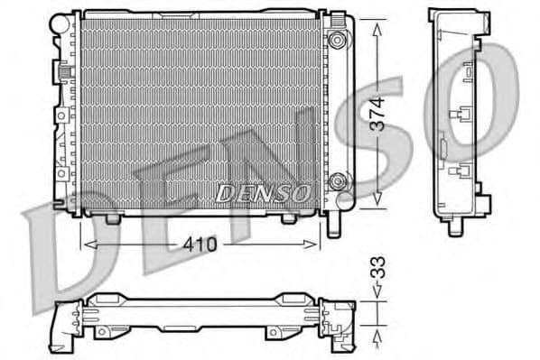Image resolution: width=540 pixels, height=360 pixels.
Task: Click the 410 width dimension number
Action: (200, 244)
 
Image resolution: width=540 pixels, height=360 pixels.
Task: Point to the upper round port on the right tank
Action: (339, 40)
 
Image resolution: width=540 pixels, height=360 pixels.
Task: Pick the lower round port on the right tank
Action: (339, 180)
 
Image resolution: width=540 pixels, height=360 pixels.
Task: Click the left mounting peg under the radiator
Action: (112, 218)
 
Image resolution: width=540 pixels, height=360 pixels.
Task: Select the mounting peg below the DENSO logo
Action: (288, 218)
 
